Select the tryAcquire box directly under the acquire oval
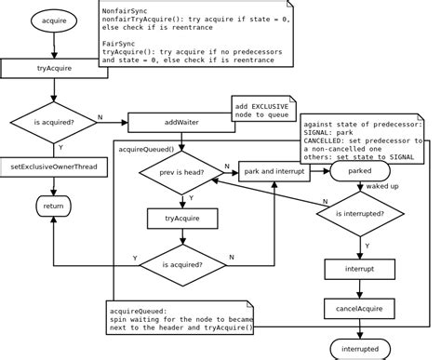click(x=55, y=68)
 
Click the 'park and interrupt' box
click(x=276, y=172)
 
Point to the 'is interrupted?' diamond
click(x=359, y=220)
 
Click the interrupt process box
click(x=359, y=269)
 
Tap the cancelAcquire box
click(x=359, y=307)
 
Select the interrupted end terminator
click(x=359, y=348)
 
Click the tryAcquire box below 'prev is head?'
click(x=182, y=219)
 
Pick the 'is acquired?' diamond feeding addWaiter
click(x=55, y=122)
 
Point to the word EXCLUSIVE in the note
click(x=274, y=107)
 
